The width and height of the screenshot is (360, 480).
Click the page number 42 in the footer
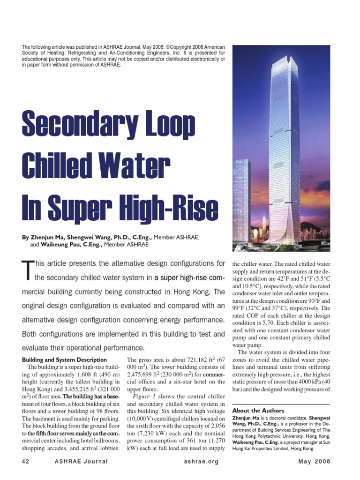pyautogui.click(x=26, y=462)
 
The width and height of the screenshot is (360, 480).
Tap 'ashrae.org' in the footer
pyautogui.click(x=202, y=462)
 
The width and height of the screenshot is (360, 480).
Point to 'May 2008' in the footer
pyautogui.click(x=314, y=462)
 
